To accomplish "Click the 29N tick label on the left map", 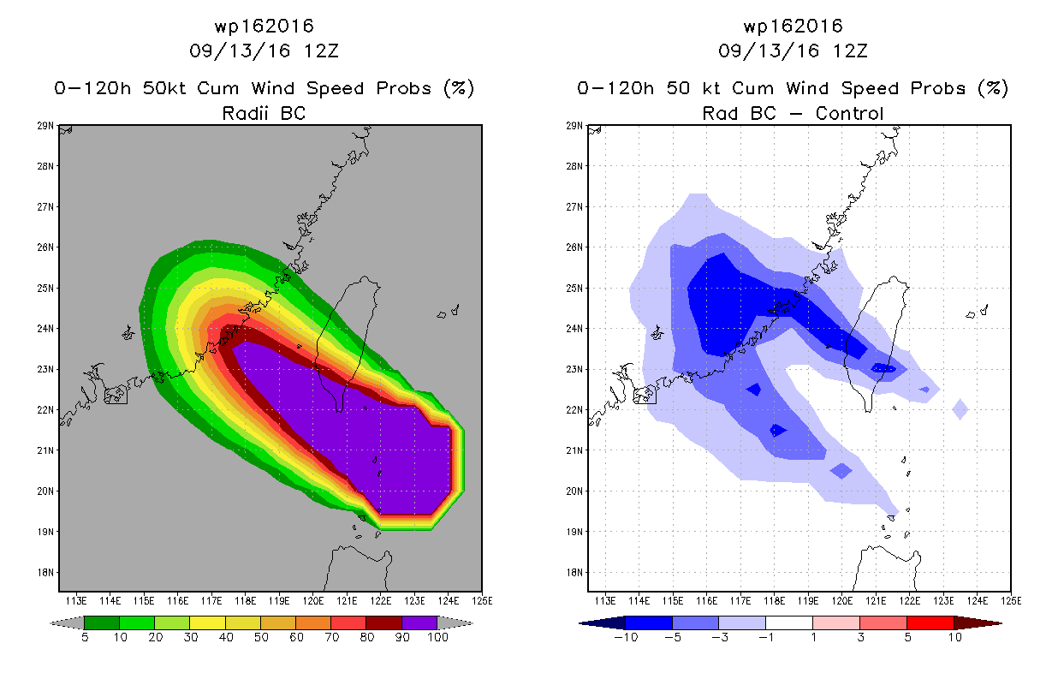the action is [45, 126].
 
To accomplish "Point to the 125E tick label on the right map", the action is [1011, 601].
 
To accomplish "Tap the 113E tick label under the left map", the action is [76, 601].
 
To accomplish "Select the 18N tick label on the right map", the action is [574, 573].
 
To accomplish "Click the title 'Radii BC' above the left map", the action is [264, 113].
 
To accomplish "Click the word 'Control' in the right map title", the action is [849, 113].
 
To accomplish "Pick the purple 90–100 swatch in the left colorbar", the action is [419, 622].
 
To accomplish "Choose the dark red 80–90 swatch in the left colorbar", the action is [384, 622].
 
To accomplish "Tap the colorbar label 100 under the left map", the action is [437, 637].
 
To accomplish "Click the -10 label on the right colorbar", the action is [626, 637].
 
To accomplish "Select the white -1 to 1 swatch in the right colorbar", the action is [789, 622].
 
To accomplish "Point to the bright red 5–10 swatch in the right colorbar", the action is [930, 622].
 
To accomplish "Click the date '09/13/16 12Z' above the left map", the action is [264, 51].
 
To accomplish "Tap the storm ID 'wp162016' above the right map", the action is [793, 26].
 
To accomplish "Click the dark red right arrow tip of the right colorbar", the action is [1001, 623].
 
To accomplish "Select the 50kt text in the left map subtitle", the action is [163, 88].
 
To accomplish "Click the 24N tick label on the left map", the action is [45, 328].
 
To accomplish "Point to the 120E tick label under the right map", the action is [842, 601].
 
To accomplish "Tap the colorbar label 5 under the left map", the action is [85, 637].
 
